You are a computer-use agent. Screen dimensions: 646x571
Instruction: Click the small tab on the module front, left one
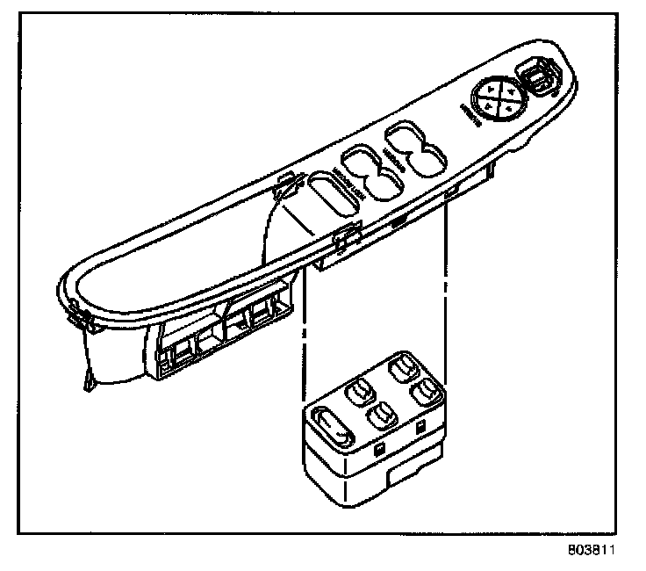[x=378, y=448]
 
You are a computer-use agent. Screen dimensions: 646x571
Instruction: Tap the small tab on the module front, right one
[x=422, y=428]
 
